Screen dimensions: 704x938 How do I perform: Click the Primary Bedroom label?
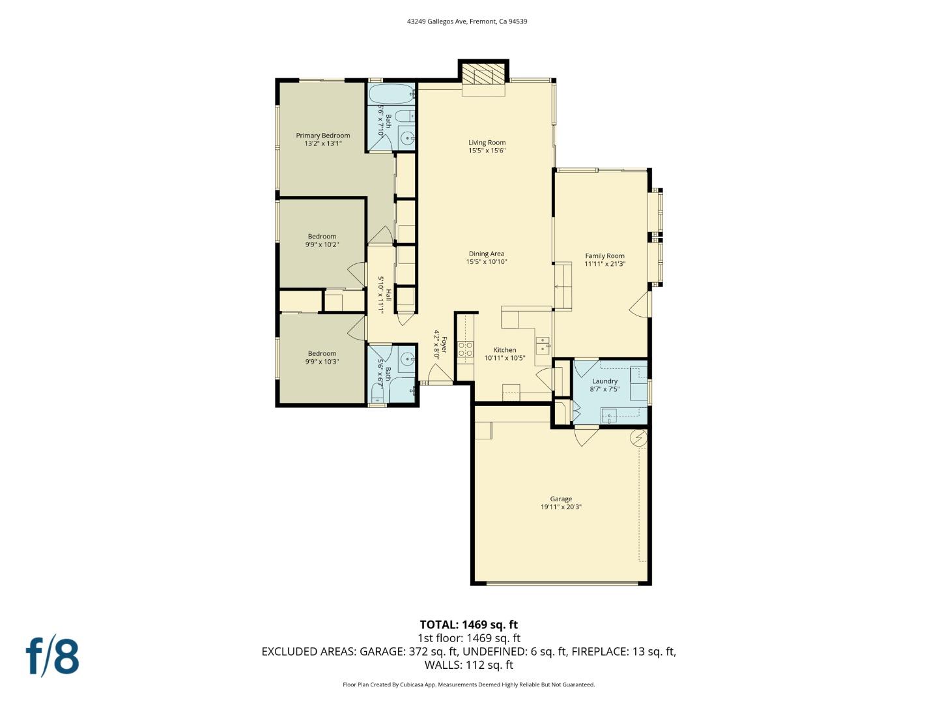(x=322, y=136)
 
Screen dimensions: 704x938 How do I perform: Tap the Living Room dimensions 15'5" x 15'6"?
(x=487, y=151)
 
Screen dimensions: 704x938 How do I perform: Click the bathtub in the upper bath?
(x=391, y=95)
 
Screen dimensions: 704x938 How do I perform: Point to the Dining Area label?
(x=487, y=254)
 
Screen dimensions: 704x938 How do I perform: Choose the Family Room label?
(x=604, y=256)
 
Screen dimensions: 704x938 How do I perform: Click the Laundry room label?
(x=604, y=381)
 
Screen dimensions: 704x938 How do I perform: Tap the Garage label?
(x=560, y=499)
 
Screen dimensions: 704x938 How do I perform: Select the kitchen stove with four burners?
(x=465, y=349)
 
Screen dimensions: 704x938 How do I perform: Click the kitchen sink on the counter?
(x=542, y=344)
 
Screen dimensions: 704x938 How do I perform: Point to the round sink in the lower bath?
(x=407, y=359)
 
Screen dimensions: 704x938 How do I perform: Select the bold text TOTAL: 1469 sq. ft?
(x=468, y=624)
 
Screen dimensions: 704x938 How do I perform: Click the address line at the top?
(x=467, y=22)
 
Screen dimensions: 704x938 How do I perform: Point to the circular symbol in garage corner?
(x=638, y=439)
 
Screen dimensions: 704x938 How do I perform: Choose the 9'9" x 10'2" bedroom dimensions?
(x=322, y=244)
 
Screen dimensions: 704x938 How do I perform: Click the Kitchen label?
(x=504, y=350)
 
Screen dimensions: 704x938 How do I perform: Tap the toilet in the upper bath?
(x=403, y=117)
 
